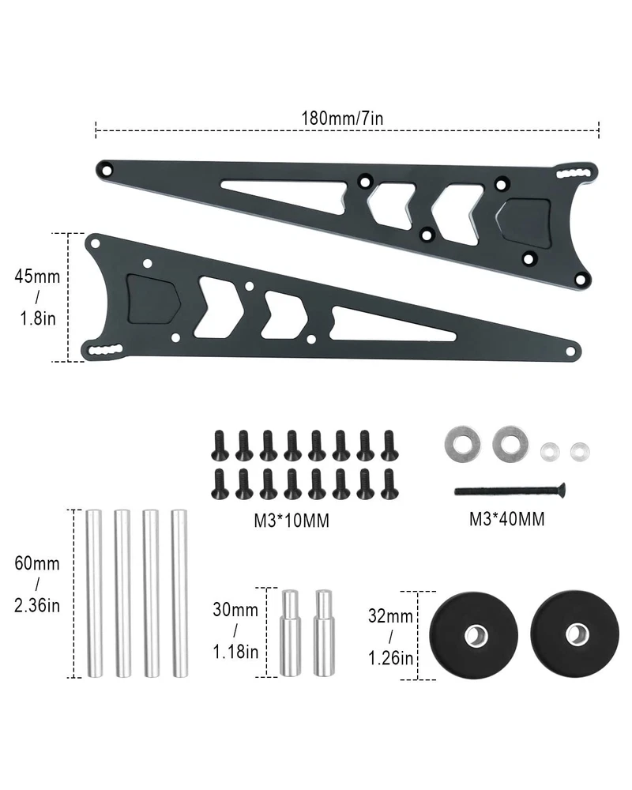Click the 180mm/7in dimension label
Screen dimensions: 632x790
tap(342, 118)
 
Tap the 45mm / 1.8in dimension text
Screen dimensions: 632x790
tap(37, 297)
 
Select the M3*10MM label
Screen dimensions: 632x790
tap(292, 521)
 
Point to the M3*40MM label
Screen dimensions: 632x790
tap(506, 519)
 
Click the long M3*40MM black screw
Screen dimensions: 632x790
tap(510, 489)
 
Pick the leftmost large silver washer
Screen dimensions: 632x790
tap(462, 444)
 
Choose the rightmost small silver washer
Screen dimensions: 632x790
tap(580, 451)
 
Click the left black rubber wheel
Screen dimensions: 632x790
tap(473, 635)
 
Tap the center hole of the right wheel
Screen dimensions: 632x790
tap(577, 634)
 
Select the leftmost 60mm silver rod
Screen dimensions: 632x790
tap(94, 593)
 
